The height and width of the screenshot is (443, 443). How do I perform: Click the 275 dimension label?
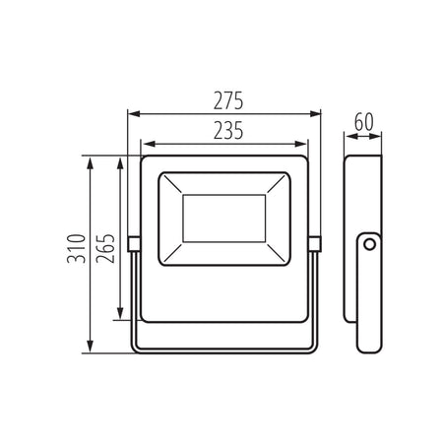click(x=228, y=100)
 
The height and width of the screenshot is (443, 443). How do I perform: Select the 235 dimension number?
click(x=228, y=130)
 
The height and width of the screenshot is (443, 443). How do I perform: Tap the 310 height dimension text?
click(x=76, y=249)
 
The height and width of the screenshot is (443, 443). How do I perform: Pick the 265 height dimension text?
click(x=105, y=249)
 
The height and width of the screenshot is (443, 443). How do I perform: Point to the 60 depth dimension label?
click(x=364, y=122)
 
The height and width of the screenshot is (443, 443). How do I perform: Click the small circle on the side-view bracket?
click(x=370, y=244)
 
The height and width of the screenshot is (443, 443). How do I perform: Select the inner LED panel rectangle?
click(x=224, y=219)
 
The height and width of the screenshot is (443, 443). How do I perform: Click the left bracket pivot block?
click(x=134, y=244)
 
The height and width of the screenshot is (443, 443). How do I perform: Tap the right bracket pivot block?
click(x=315, y=244)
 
